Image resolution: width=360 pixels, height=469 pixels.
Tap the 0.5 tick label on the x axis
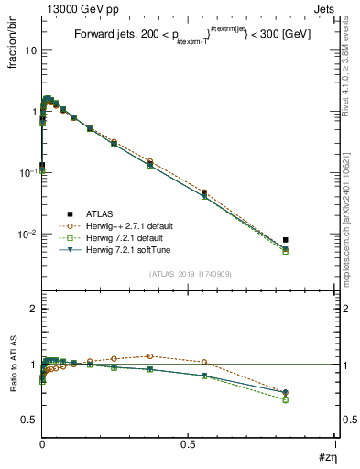pyautogui.click(x=189, y=443)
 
